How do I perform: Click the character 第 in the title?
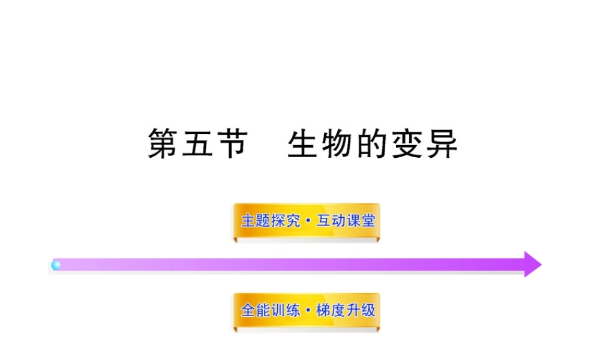point(164,145)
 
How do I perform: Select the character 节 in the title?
point(232,145)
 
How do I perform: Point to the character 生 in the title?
point(304,145)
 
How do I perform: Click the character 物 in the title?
point(338,145)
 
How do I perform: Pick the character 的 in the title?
point(372,145)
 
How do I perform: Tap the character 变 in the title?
point(407,145)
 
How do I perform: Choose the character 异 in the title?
point(441,145)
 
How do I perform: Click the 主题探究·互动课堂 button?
point(307,221)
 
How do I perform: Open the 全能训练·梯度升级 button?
point(307,311)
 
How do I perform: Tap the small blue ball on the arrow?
point(56,265)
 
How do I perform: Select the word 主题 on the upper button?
point(255,221)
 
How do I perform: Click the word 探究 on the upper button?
point(284,221)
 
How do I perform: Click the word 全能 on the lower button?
point(255,311)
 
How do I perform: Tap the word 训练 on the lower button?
point(284,311)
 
